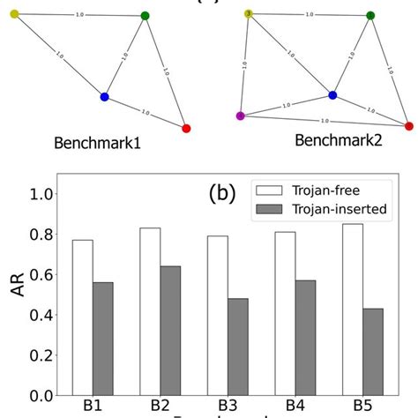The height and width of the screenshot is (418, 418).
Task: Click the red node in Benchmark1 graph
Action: [186, 129]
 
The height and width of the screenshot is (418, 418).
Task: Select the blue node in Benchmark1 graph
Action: [104, 96]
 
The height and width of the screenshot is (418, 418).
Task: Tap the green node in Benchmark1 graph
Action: [146, 16]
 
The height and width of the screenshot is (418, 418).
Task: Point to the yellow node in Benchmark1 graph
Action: [14, 14]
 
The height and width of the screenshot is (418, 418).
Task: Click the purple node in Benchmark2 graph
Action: [241, 116]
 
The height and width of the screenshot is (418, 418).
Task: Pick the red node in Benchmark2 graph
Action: [408, 126]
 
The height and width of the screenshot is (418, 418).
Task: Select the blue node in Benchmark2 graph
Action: [332, 94]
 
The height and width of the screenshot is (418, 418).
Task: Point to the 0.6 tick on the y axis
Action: [41, 275]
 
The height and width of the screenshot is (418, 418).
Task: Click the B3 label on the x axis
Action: [227, 407]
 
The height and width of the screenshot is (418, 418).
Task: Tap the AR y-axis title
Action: [16, 295]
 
